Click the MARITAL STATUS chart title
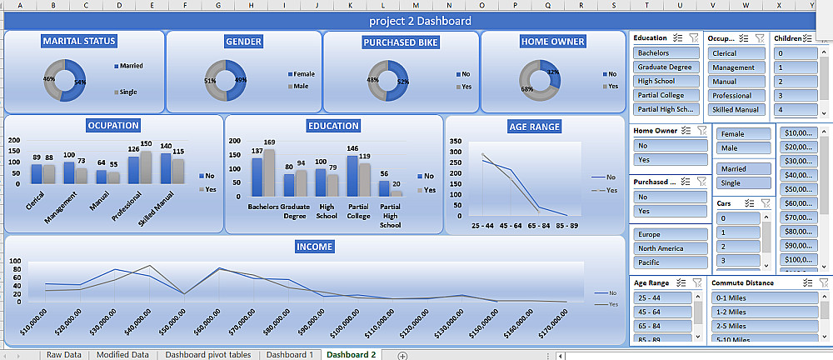pos(79,41)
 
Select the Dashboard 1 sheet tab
pos(289,354)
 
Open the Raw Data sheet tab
pos(64,354)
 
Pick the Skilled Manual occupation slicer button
pos(736,109)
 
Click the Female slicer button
pos(733,134)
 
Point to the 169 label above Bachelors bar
pos(269,142)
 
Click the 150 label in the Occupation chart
pos(146,143)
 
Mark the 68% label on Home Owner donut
pos(526,89)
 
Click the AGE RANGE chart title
pos(534,127)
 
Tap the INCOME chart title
pos(314,247)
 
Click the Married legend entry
pos(131,65)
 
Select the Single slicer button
pos(731,182)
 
